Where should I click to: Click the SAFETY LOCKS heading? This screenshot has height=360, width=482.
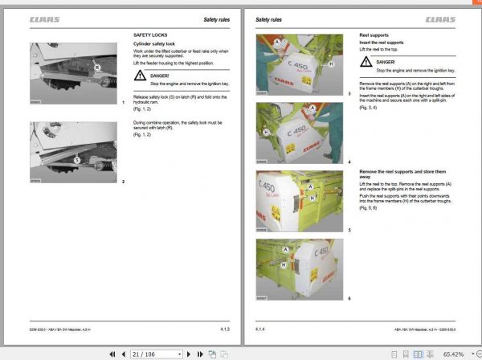point(151,35)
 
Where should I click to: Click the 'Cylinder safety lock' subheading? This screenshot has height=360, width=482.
point(155,43)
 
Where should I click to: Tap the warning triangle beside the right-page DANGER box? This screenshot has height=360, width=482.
point(366,64)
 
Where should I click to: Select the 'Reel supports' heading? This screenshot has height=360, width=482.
point(374,35)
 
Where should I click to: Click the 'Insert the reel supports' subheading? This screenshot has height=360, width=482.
point(381,42)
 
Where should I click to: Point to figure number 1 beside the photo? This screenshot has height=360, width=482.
point(123,103)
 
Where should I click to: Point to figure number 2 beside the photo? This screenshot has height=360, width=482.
point(123,182)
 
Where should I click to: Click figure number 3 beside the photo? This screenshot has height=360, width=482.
point(349,94)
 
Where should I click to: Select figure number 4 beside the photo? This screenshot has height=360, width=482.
point(349,162)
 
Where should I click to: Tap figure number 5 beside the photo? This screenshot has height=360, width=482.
point(349,230)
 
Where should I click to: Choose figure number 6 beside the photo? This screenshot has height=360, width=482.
point(349,298)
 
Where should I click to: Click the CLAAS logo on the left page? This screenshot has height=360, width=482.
point(45,18)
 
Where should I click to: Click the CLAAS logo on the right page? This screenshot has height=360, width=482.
point(441,18)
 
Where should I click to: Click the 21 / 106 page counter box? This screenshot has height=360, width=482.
point(145,353)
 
